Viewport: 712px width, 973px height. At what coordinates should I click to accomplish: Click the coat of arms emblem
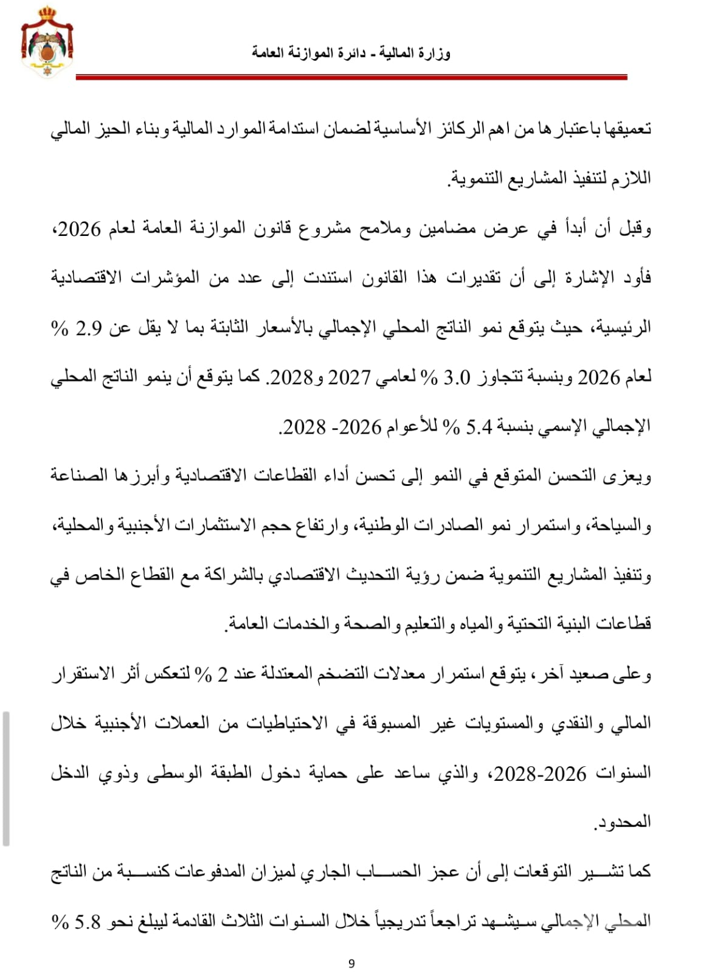click(47, 41)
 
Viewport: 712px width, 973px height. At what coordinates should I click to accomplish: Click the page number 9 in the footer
click(352, 963)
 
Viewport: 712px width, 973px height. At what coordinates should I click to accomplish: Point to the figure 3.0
click(457, 378)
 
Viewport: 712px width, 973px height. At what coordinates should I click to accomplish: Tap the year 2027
click(348, 378)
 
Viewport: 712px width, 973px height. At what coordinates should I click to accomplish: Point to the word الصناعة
click(75, 476)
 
